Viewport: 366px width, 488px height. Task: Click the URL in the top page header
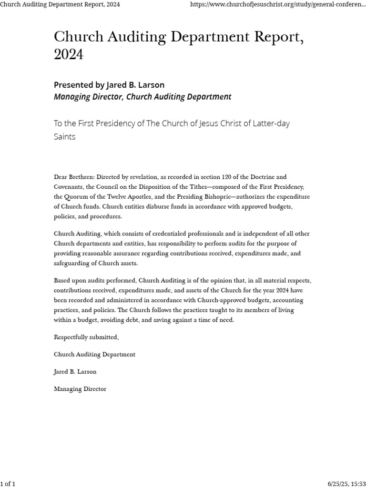click(278, 4)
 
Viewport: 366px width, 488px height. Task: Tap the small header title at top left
click(60, 4)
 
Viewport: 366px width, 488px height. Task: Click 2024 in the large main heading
click(69, 55)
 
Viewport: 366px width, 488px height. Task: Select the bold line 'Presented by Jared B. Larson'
click(109, 85)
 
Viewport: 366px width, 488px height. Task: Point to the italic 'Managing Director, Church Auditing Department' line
click(142, 97)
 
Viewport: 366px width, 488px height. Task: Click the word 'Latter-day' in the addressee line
click(271, 123)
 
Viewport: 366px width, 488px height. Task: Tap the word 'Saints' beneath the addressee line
click(64, 136)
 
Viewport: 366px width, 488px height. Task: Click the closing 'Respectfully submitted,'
click(86, 337)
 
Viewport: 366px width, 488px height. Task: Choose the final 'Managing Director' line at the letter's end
click(80, 389)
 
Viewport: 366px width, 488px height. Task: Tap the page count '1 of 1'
click(8, 484)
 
